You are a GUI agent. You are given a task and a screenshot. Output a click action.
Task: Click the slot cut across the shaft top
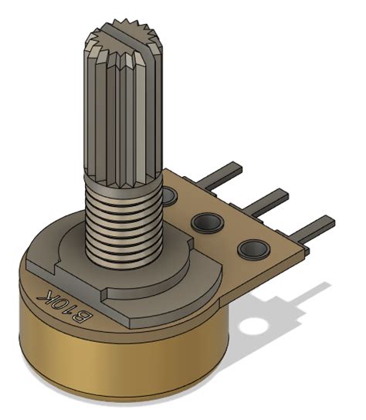coord(124,33)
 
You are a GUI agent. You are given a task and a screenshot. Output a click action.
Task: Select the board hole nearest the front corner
coord(252,249)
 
